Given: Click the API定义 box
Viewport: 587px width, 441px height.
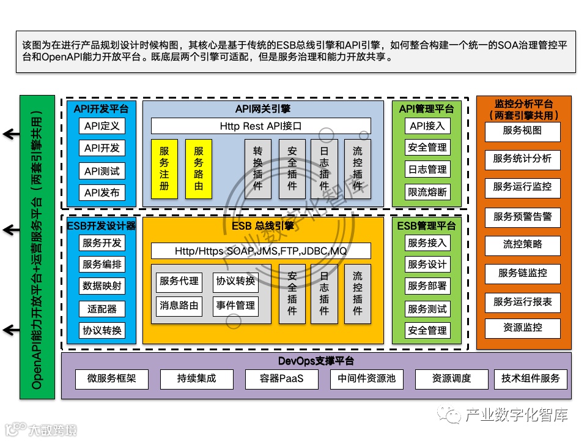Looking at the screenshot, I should [x=102, y=126].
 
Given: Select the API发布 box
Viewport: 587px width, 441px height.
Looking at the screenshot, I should [x=102, y=193].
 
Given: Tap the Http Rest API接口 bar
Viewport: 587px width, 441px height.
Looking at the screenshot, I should [x=260, y=126].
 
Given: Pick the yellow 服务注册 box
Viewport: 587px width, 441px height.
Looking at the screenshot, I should [x=164, y=168].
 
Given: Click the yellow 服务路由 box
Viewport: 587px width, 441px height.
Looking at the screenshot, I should [x=198, y=168].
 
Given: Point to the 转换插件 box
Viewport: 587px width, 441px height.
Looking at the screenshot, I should [x=257, y=168].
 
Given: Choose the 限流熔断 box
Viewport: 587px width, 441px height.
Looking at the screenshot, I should [x=427, y=192].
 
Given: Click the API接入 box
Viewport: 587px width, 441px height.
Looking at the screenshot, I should [x=427, y=126].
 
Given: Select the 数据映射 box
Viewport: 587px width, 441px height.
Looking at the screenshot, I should [x=102, y=286].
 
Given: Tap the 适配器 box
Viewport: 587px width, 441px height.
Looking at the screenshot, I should [x=102, y=308].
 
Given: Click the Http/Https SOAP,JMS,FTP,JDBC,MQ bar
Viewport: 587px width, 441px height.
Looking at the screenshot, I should [x=260, y=251].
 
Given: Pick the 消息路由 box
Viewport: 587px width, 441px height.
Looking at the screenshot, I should [x=179, y=306].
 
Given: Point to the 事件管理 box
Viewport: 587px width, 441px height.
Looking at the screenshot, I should [x=235, y=306].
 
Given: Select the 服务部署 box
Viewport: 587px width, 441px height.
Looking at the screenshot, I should [x=427, y=286].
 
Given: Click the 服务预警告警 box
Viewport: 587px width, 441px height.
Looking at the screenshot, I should [x=522, y=216].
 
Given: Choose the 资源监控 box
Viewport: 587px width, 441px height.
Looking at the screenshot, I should [x=522, y=328].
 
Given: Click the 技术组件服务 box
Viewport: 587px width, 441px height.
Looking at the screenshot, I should [x=530, y=379].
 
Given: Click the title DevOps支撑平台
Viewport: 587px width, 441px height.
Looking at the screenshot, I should [x=316, y=361].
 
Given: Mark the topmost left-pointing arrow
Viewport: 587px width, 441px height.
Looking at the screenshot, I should [x=10, y=134].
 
